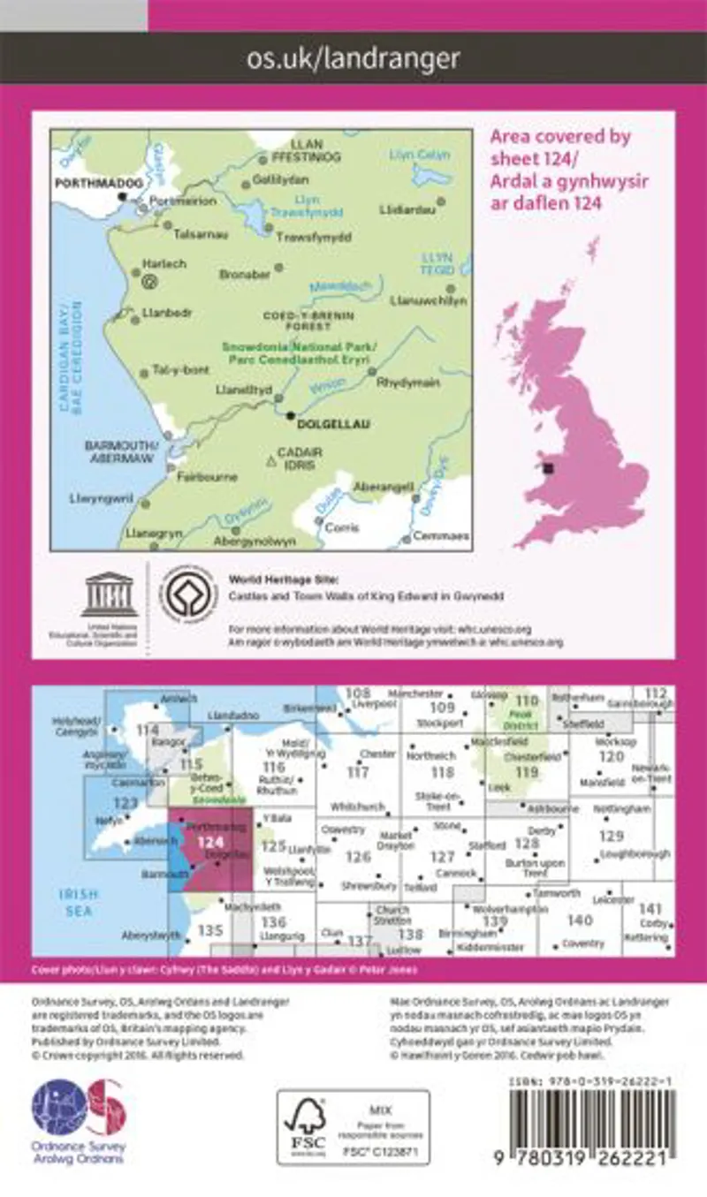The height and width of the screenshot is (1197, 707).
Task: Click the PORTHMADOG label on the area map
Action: point(86,182)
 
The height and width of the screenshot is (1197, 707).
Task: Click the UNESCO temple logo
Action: point(109,593)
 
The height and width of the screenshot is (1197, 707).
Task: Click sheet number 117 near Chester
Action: point(358,772)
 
